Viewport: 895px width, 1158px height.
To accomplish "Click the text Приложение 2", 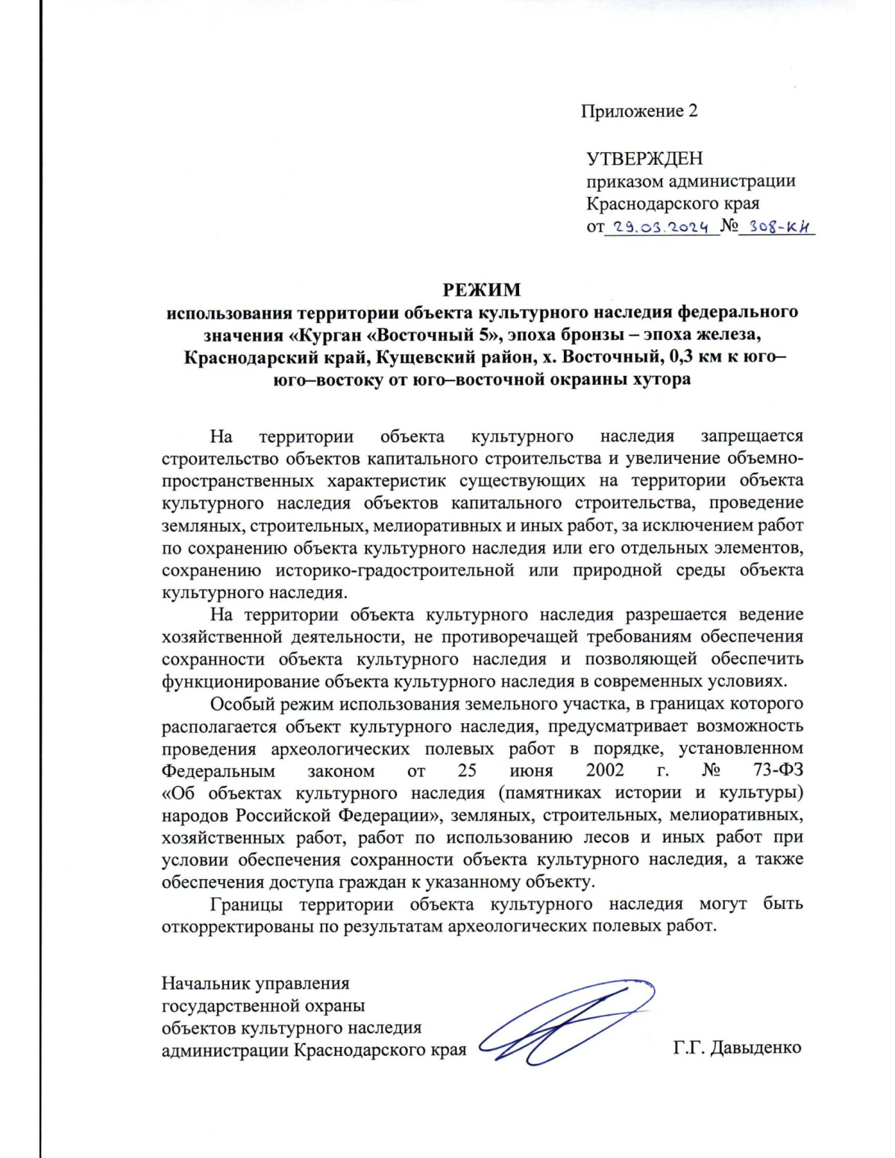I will point(639,111).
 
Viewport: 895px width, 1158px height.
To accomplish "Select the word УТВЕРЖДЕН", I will point(644,159).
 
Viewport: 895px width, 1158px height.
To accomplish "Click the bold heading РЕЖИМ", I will point(482,289).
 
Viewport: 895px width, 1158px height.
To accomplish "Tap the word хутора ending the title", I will point(659,379).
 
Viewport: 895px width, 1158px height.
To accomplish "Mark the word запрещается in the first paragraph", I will point(752,436).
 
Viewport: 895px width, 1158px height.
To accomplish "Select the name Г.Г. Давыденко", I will point(737,1048).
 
